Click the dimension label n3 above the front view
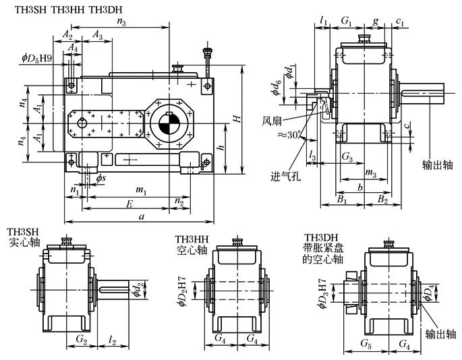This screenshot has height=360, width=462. tap(121, 22)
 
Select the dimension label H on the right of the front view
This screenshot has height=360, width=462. tap(236, 119)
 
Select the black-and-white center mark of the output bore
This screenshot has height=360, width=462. tap(167, 125)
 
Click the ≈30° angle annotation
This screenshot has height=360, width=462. tap(289, 135)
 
